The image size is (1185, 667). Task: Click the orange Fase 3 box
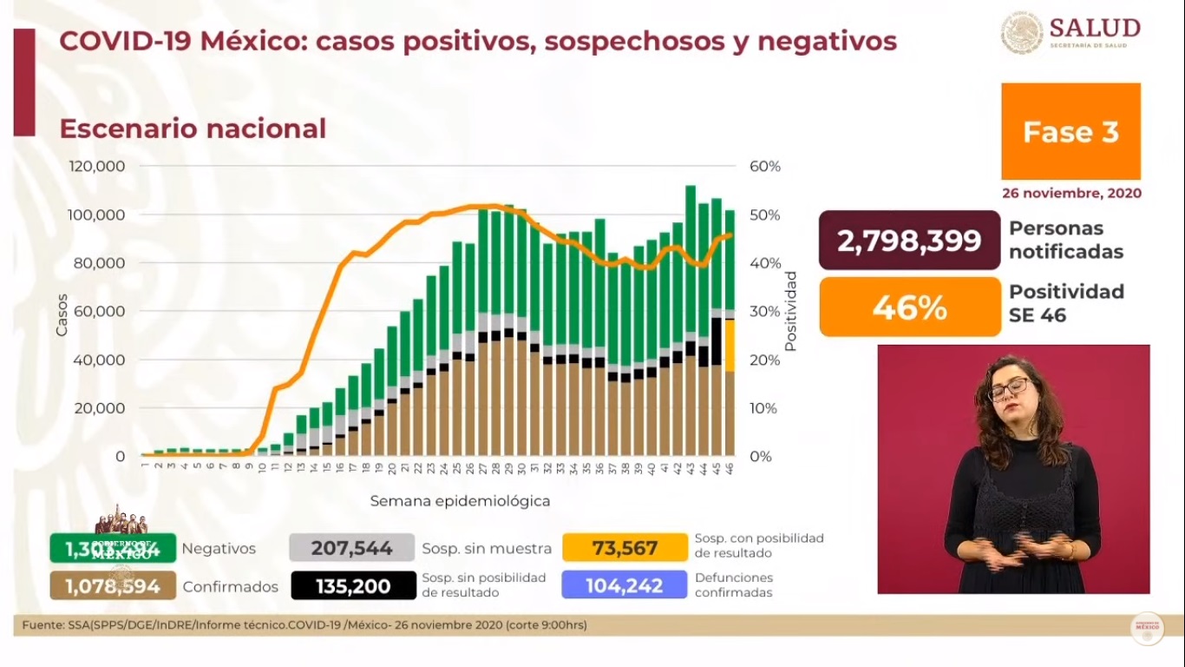1070,131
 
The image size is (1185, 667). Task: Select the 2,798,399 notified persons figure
909,241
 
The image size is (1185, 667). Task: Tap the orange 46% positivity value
909,307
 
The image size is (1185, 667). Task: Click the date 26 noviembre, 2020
1071,193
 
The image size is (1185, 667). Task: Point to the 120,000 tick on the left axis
96,166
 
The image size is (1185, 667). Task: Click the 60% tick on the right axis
765,166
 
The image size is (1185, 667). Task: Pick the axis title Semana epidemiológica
460,501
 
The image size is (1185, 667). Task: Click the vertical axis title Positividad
790,311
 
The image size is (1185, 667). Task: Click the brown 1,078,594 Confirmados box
113,586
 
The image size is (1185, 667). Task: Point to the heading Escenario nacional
193,129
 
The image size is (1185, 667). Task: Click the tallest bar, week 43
691,261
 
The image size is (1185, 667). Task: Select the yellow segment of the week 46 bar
730,346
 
